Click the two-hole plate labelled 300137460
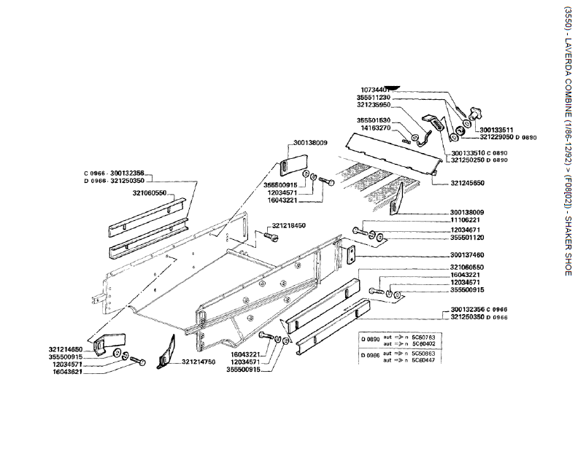(x=350, y=254)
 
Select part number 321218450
(x=289, y=226)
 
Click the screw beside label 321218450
(x=269, y=236)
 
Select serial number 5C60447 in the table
(x=423, y=360)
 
